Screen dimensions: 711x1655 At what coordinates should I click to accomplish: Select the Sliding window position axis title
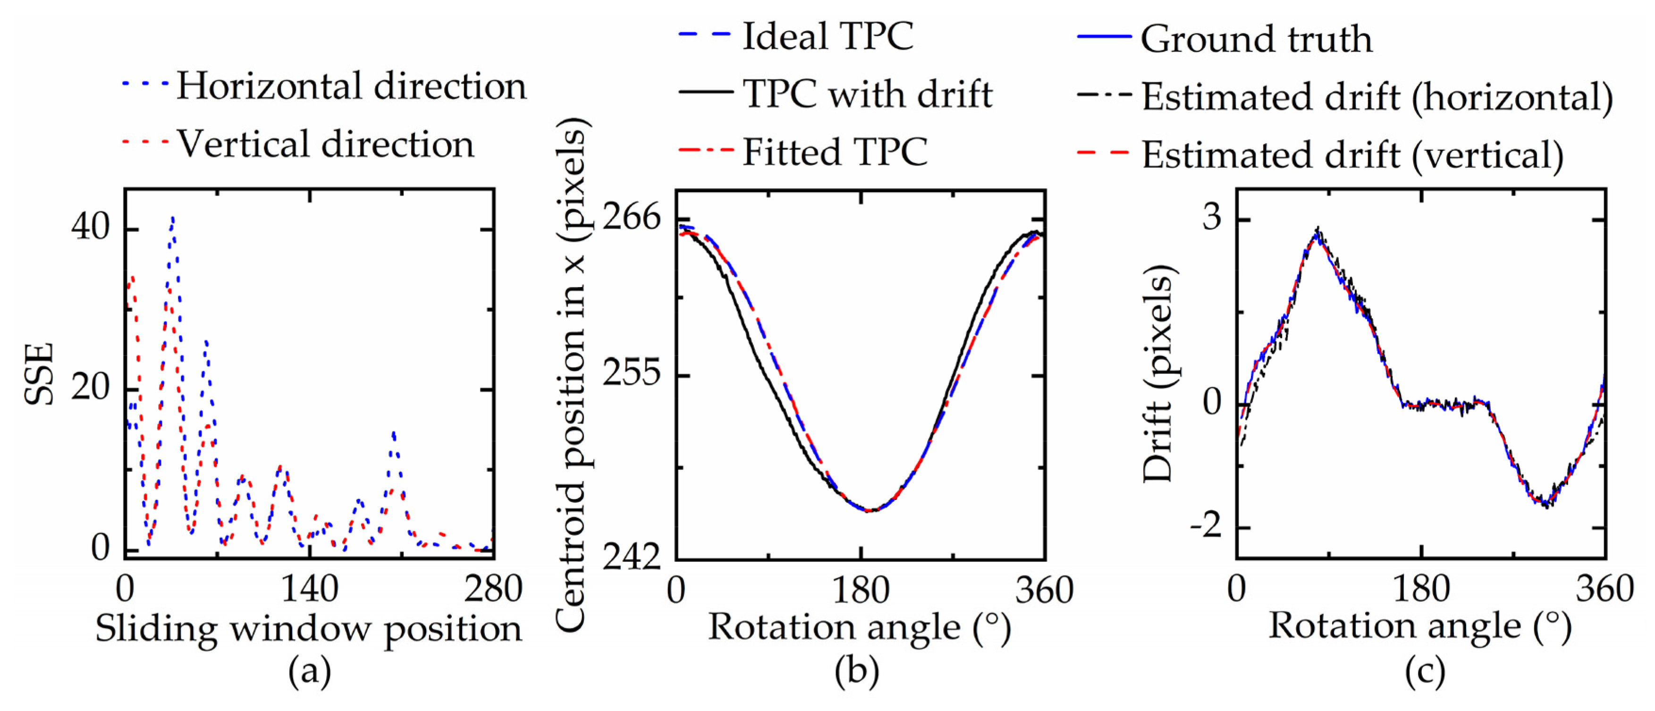click(309, 628)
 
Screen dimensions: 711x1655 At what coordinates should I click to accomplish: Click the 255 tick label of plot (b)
click(632, 372)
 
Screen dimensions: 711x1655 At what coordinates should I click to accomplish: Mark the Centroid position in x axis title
click(571, 374)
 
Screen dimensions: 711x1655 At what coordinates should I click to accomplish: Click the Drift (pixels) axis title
click(1160, 374)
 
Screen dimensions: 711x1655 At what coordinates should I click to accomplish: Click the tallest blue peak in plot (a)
click(172, 219)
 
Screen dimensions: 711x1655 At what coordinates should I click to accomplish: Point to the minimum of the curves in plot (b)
click(869, 511)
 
